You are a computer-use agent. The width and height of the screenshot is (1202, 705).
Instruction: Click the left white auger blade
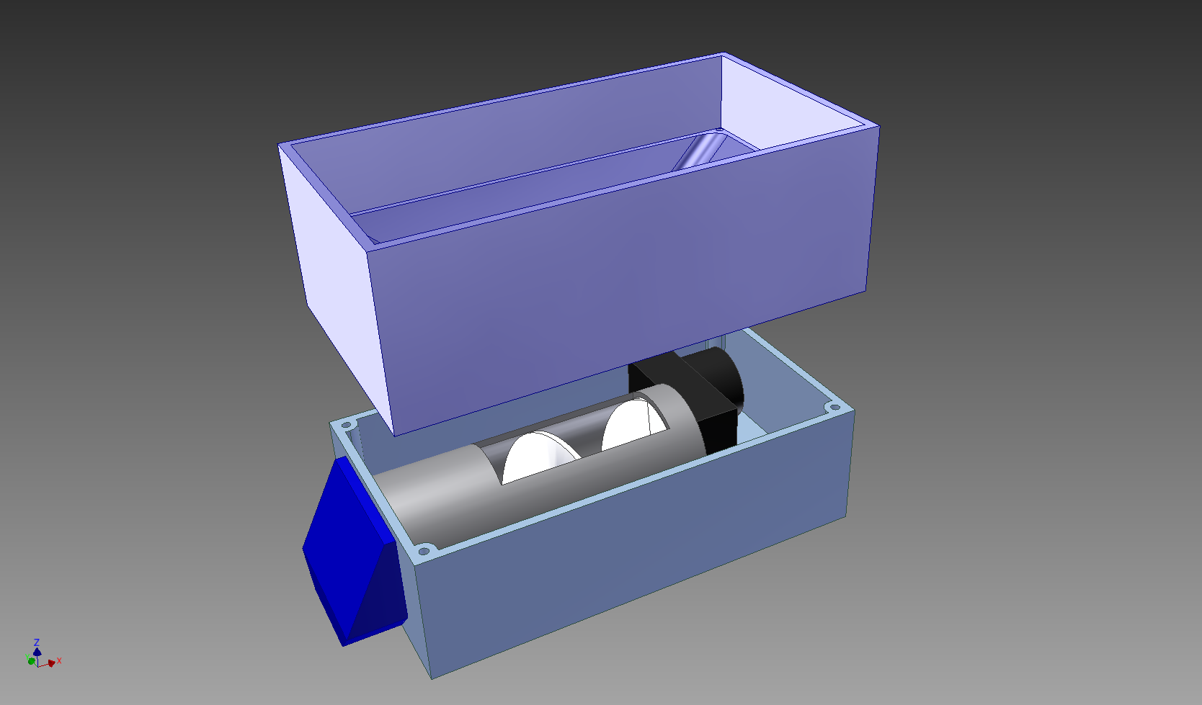pyautogui.click(x=537, y=456)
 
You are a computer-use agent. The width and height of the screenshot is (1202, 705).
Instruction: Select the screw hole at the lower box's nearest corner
pyautogui.click(x=424, y=551)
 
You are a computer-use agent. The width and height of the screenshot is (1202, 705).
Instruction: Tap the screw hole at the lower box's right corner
pyautogui.click(x=834, y=408)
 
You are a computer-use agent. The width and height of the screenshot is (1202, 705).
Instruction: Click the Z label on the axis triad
pyautogui.click(x=37, y=642)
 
